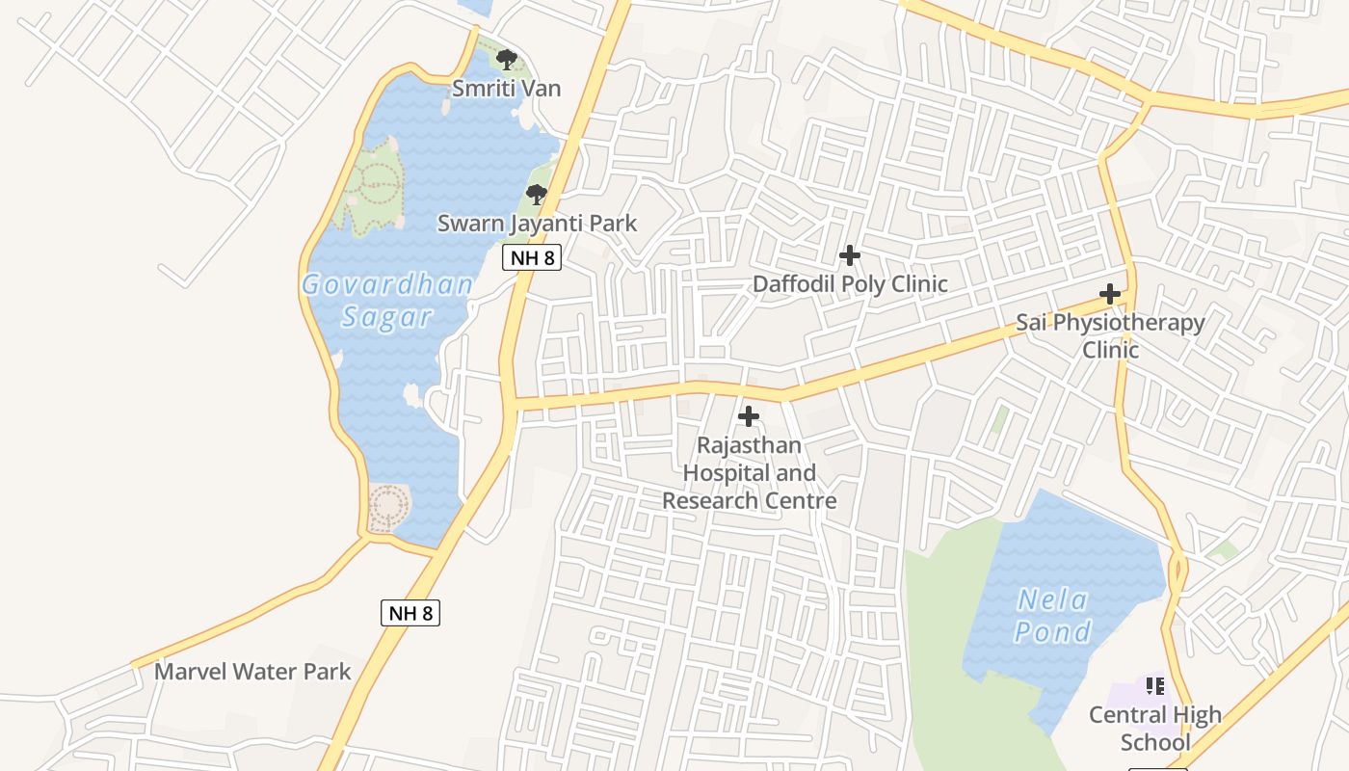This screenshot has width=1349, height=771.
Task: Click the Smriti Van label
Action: tap(507, 89)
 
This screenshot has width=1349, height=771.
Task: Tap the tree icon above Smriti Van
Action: tap(507, 60)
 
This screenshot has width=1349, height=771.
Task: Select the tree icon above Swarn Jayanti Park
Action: tap(537, 195)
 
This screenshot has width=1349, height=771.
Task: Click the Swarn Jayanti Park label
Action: tap(538, 224)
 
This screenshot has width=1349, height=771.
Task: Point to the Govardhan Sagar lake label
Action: tap(387, 300)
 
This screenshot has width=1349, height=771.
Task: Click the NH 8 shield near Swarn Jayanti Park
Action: tap(532, 257)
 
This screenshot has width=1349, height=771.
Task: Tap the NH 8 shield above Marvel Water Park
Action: tap(410, 613)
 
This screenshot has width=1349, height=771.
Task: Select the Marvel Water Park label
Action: tap(252, 672)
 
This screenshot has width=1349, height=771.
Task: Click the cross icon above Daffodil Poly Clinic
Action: tap(850, 255)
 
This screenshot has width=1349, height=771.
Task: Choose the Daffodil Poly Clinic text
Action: tap(850, 284)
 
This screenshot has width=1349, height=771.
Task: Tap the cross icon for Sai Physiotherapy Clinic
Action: tap(1110, 294)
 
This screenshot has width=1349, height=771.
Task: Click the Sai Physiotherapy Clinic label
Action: tap(1110, 335)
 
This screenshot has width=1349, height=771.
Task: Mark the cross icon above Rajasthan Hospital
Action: tap(749, 416)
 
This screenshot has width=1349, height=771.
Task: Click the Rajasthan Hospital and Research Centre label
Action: tap(749, 473)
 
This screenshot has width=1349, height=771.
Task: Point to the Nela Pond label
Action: tap(1053, 616)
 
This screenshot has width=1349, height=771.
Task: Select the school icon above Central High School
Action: tap(1155, 686)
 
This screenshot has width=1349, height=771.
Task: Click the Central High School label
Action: tap(1155, 729)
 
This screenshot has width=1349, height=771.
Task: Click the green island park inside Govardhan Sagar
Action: tap(371, 185)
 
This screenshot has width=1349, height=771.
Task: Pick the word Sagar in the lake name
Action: tap(387, 317)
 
